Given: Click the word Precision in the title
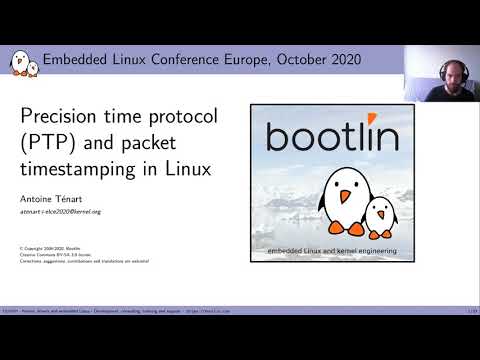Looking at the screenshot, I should (62, 116).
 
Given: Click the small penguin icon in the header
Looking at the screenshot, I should (23, 62).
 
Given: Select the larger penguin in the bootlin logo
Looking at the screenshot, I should (329, 196).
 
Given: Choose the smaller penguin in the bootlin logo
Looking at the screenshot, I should (379, 213).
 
